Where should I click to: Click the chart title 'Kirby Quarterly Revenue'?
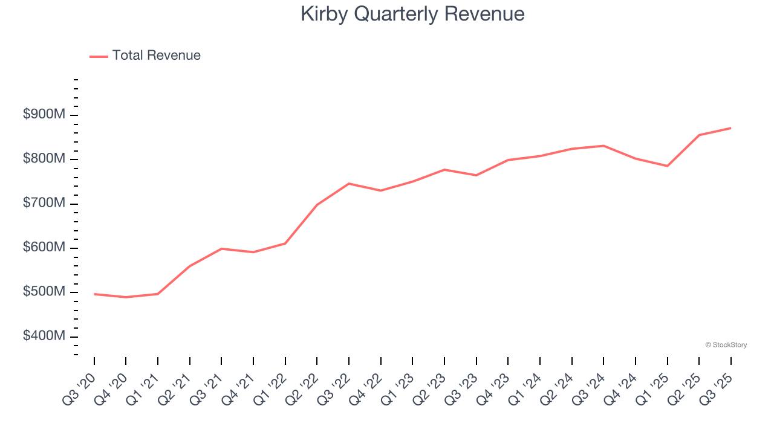point(412,14)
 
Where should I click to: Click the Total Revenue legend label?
point(156,56)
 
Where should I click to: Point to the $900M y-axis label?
point(44,115)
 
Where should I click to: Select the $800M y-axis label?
point(44,159)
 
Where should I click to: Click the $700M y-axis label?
point(44,204)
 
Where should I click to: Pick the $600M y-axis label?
point(44,248)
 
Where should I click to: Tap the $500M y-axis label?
point(44,292)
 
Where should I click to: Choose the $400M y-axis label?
point(44,336)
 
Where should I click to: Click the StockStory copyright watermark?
point(726,345)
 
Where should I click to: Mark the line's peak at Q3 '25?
point(730,128)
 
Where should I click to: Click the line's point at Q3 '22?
point(349,183)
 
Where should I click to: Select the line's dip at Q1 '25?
point(667,166)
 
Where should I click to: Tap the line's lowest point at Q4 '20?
point(126,297)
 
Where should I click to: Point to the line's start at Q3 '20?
point(94,294)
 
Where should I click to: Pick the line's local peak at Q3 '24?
point(603,146)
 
